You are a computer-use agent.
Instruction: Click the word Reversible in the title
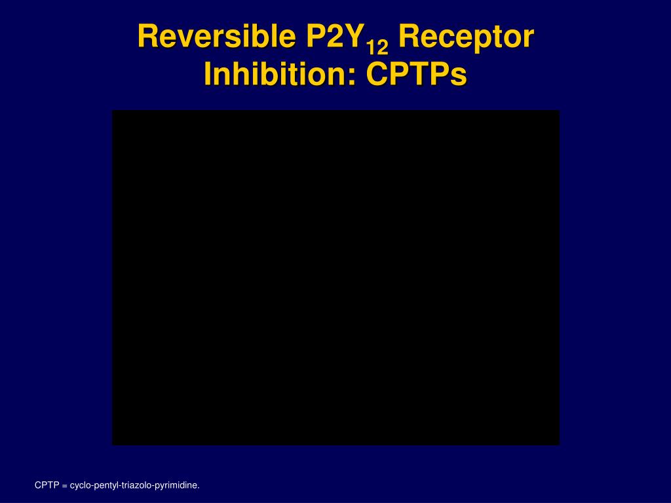pos(216,37)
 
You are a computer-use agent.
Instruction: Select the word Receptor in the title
pos(465,37)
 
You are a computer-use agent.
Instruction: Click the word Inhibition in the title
pos(278,74)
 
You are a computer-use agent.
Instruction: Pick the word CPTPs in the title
pos(417,74)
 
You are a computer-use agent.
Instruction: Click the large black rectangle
pos(335,278)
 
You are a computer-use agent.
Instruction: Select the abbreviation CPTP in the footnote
pos(47,485)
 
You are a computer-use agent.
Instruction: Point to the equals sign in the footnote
pos(65,486)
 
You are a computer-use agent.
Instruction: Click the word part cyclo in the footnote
pos(80,485)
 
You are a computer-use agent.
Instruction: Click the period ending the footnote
pos(199,488)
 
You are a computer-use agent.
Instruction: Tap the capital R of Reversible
pos(147,37)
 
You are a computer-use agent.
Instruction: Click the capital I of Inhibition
pos(208,74)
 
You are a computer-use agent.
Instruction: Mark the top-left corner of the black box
pos(113,111)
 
